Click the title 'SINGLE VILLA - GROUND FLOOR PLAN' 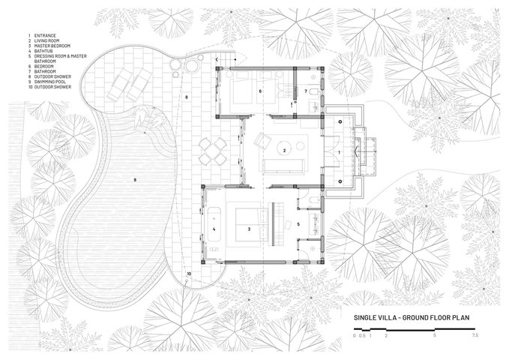(x=412, y=317)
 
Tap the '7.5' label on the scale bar (x=475, y=336)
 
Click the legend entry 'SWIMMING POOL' (x=50, y=82)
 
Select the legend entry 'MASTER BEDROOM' (x=52, y=46)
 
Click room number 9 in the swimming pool (x=135, y=180)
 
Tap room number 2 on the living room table (x=285, y=151)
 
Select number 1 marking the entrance (x=340, y=152)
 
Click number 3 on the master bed (x=249, y=229)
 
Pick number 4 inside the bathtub (x=214, y=229)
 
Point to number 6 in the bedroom (x=260, y=91)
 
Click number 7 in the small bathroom (x=306, y=91)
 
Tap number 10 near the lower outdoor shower (x=189, y=274)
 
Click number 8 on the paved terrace (x=187, y=97)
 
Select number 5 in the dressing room (x=298, y=224)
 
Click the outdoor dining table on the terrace (x=213, y=151)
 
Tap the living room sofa (x=283, y=166)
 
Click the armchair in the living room (x=262, y=141)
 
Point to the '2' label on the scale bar (x=386, y=336)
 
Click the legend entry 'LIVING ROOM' (x=46, y=40)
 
